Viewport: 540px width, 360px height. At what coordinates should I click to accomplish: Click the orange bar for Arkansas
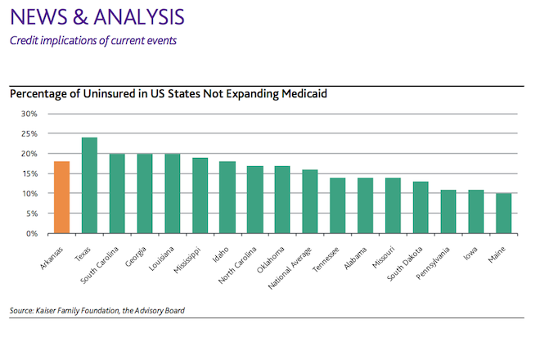62,197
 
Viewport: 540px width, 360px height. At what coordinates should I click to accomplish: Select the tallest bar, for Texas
90,186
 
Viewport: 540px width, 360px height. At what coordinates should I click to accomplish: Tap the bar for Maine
503,214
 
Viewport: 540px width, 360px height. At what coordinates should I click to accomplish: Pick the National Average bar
310,201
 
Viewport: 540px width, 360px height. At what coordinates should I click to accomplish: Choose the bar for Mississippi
200,196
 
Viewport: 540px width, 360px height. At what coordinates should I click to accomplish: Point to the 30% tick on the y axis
29,114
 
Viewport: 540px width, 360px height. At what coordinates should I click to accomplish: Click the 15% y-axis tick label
29,173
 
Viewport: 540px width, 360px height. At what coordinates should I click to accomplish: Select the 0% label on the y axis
31,233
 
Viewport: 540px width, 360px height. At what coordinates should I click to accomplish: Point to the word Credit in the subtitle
22,40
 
